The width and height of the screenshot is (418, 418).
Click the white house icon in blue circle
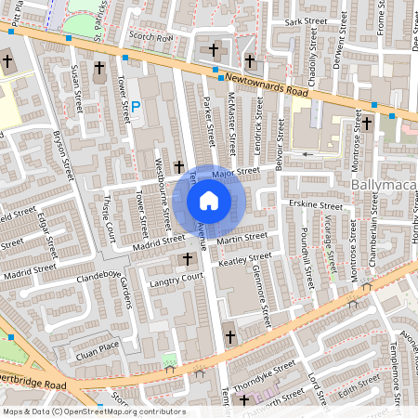209,200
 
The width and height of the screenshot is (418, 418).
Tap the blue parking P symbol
136,109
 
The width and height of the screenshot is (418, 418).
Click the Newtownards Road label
264,86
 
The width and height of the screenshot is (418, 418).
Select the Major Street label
234,172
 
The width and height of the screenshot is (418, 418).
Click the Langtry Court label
177,278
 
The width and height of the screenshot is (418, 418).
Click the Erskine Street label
316,203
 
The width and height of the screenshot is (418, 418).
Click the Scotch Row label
151,38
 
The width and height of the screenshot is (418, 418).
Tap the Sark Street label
307,20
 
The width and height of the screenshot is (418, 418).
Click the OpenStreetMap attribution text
93,411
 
